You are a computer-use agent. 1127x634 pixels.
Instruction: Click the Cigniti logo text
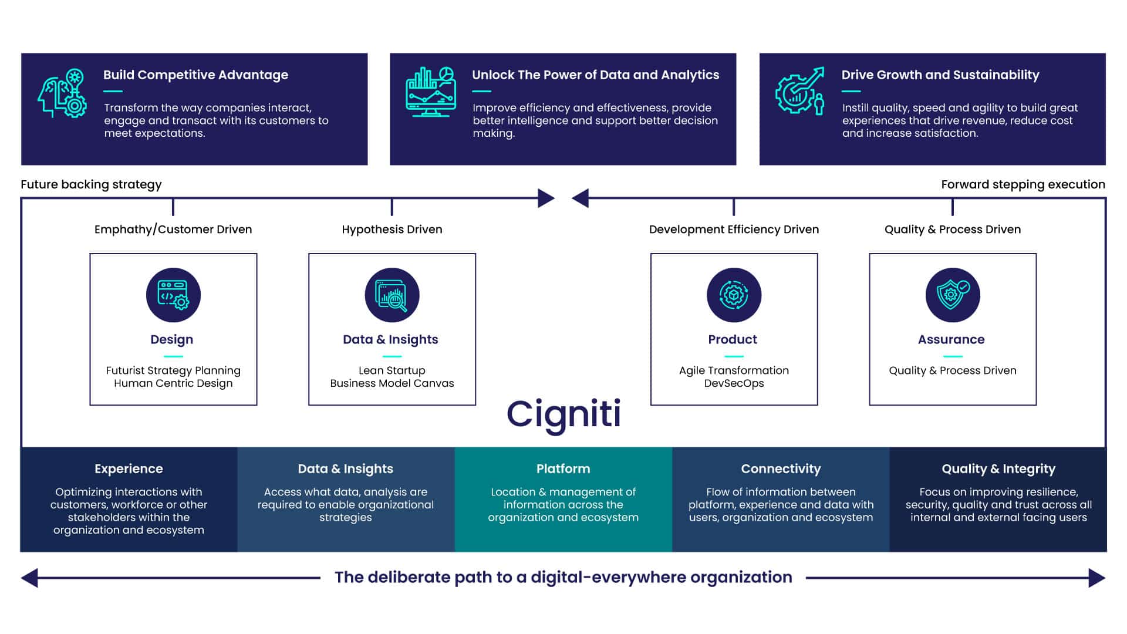tap(563, 414)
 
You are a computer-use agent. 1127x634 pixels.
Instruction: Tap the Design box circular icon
tap(173, 295)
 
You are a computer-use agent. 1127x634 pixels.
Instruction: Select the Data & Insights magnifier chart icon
tap(392, 295)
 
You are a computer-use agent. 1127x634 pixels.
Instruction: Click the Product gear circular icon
tap(734, 295)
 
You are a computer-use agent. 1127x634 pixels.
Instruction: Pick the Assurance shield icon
tap(953, 295)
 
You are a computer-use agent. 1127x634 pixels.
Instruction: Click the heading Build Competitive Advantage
tap(195, 75)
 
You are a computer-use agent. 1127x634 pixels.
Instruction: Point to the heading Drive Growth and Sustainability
tap(940, 75)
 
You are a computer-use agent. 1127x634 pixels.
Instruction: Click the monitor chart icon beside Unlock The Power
tap(430, 93)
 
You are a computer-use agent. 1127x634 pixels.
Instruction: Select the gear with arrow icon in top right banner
tap(799, 92)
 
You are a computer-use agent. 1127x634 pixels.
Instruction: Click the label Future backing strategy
tap(91, 184)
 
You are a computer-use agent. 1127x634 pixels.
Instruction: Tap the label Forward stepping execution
tap(1023, 184)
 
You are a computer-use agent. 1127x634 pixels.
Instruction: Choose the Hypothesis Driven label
tap(392, 230)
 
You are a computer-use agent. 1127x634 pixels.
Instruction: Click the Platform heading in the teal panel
tap(563, 469)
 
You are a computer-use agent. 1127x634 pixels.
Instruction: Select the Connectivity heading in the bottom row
tap(781, 469)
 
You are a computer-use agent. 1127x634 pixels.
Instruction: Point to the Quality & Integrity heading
tap(998, 469)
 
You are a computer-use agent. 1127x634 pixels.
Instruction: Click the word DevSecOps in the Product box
tap(734, 383)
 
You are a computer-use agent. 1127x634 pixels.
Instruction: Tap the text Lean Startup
tap(392, 370)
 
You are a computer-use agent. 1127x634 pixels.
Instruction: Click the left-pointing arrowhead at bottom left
tap(29, 578)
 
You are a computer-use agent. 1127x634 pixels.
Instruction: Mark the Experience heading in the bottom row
tap(129, 469)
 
